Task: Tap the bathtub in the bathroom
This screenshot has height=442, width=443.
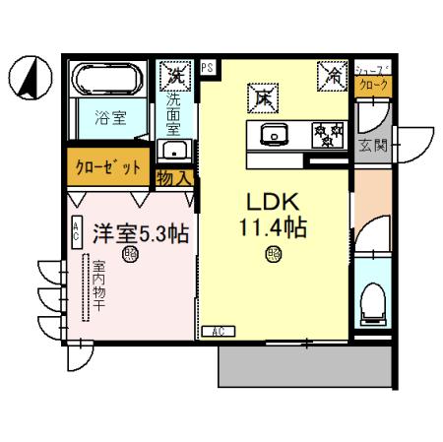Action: (x=107, y=81)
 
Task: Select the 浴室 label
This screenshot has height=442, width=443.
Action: (x=109, y=117)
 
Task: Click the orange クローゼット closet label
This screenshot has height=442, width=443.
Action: (x=108, y=166)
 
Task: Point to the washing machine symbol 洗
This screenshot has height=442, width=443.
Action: (x=177, y=73)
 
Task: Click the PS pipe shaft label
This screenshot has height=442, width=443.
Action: (x=208, y=67)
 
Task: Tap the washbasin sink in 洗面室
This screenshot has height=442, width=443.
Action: (x=177, y=151)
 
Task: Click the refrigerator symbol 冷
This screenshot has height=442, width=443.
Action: (x=331, y=73)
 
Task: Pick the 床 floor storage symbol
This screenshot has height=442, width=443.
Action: (x=263, y=97)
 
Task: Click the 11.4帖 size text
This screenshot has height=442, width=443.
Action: (x=273, y=227)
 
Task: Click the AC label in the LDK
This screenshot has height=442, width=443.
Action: (x=218, y=332)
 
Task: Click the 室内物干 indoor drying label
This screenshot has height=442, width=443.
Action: (x=99, y=286)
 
